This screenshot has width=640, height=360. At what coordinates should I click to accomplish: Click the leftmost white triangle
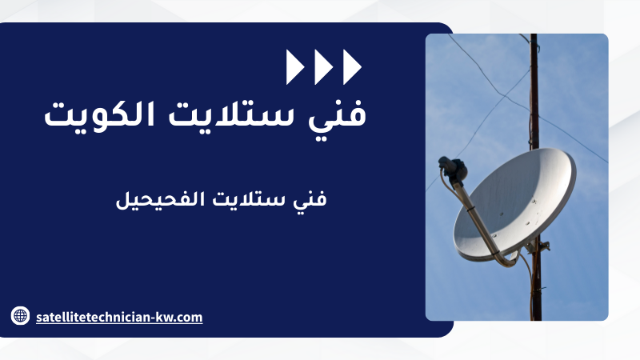294,67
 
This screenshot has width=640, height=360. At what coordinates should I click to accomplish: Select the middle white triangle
322,67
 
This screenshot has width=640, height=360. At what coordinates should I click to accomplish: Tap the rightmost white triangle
351,67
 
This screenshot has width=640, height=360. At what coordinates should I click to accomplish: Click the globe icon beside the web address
20,315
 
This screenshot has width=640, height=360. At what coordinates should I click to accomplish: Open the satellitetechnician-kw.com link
119,317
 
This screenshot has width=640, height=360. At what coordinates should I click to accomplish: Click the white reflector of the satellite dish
514,205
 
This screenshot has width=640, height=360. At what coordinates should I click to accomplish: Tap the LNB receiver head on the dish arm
453,167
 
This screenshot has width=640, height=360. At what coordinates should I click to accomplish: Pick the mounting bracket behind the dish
538,246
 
